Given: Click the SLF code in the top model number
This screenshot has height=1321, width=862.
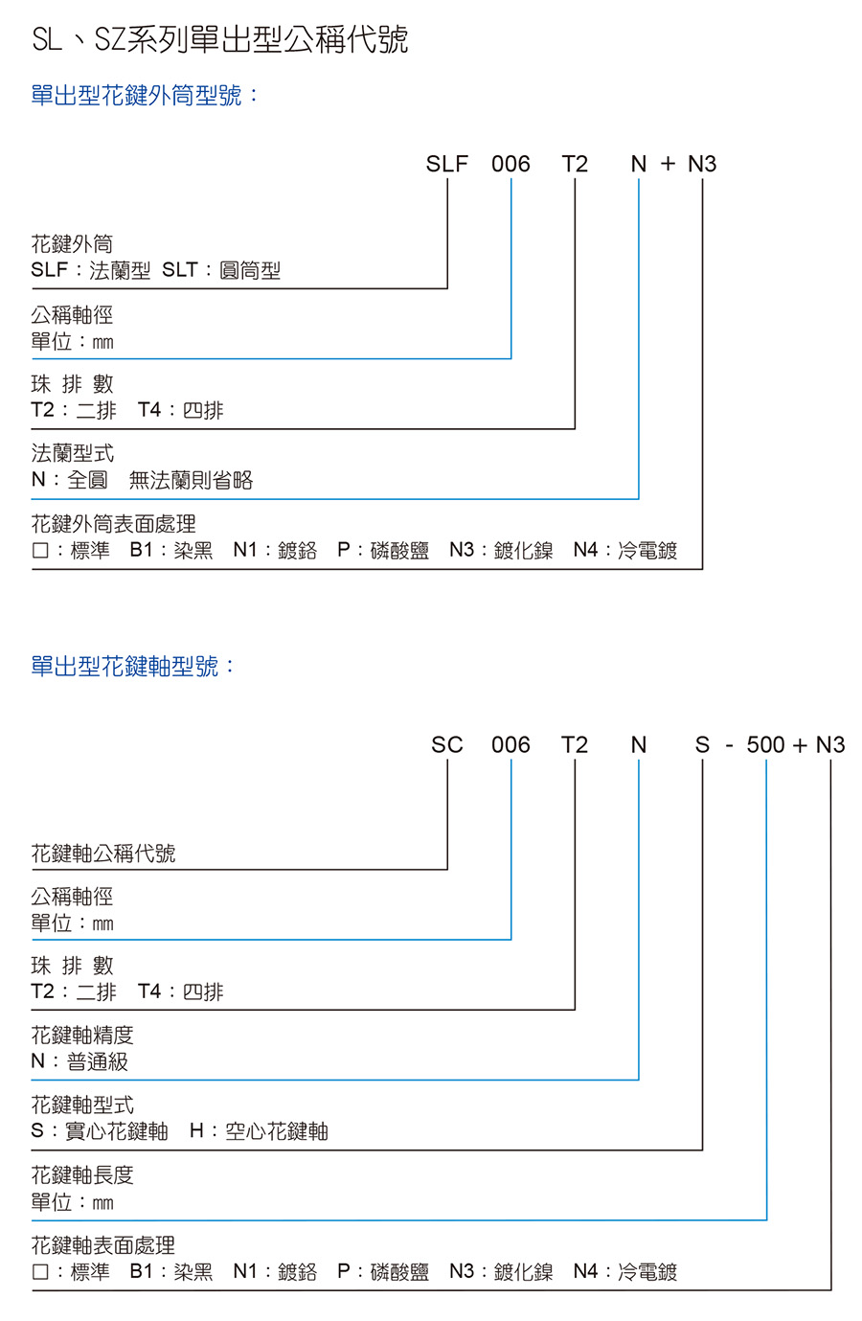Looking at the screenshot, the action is [x=446, y=164].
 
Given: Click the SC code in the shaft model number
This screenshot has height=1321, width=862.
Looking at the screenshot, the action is [x=446, y=745].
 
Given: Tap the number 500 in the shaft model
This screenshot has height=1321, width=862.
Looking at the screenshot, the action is [x=766, y=745].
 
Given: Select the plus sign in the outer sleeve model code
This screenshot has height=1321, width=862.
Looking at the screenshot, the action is [x=668, y=164].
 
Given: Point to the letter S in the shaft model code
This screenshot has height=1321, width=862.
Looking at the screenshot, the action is [x=702, y=745].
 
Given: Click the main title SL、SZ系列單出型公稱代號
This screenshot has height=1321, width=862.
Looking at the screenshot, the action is [x=220, y=40].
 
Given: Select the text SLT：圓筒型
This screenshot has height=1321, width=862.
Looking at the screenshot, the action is [x=221, y=270].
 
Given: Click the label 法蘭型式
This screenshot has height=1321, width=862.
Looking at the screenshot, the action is [x=73, y=453].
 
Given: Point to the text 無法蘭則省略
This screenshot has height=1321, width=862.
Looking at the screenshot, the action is [x=191, y=480].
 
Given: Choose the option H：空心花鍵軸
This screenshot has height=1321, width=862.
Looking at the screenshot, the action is [x=259, y=1130].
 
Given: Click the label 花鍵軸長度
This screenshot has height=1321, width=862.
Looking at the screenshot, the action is [x=82, y=1175].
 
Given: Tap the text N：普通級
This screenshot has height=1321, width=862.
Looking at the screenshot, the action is [x=79, y=1061].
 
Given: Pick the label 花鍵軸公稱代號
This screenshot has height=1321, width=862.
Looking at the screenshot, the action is [x=103, y=853].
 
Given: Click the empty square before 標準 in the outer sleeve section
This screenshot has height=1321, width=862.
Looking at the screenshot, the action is [x=40, y=550].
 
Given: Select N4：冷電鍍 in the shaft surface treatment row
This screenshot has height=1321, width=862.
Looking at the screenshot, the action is [x=625, y=1271].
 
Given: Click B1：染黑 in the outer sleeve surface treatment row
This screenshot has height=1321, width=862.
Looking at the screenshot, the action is [x=171, y=550].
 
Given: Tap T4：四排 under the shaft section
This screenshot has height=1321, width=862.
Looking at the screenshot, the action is [x=180, y=991].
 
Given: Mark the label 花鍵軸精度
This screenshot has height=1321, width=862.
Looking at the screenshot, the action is [x=82, y=1035].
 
